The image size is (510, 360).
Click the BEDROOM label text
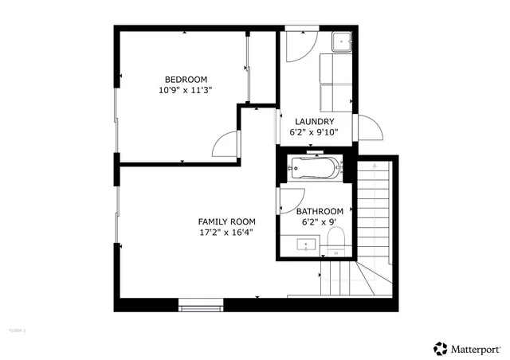pyautogui.click(x=186, y=79)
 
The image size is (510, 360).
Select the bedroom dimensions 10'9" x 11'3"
pyautogui.click(x=186, y=90)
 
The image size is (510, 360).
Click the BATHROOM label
pyautogui.click(x=320, y=211)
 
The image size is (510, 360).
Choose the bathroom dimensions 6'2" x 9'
pyautogui.click(x=320, y=222)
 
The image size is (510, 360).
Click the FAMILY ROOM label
pyautogui.click(x=226, y=221)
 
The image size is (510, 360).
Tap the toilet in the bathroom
pyautogui.click(x=335, y=239)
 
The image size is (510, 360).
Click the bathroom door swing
pyautogui.click(x=288, y=202)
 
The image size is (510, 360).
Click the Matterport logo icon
pyautogui.click(x=440, y=348)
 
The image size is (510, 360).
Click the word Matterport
pyautogui.click(x=477, y=348)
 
